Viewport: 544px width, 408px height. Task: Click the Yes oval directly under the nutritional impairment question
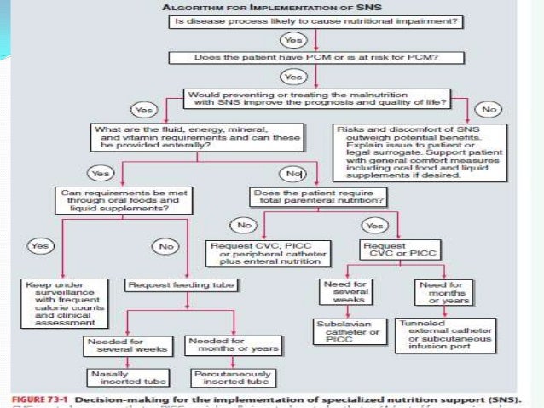[294, 39]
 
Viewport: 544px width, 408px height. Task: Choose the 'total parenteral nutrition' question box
[318, 198]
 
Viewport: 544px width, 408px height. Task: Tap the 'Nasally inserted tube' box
[121, 376]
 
